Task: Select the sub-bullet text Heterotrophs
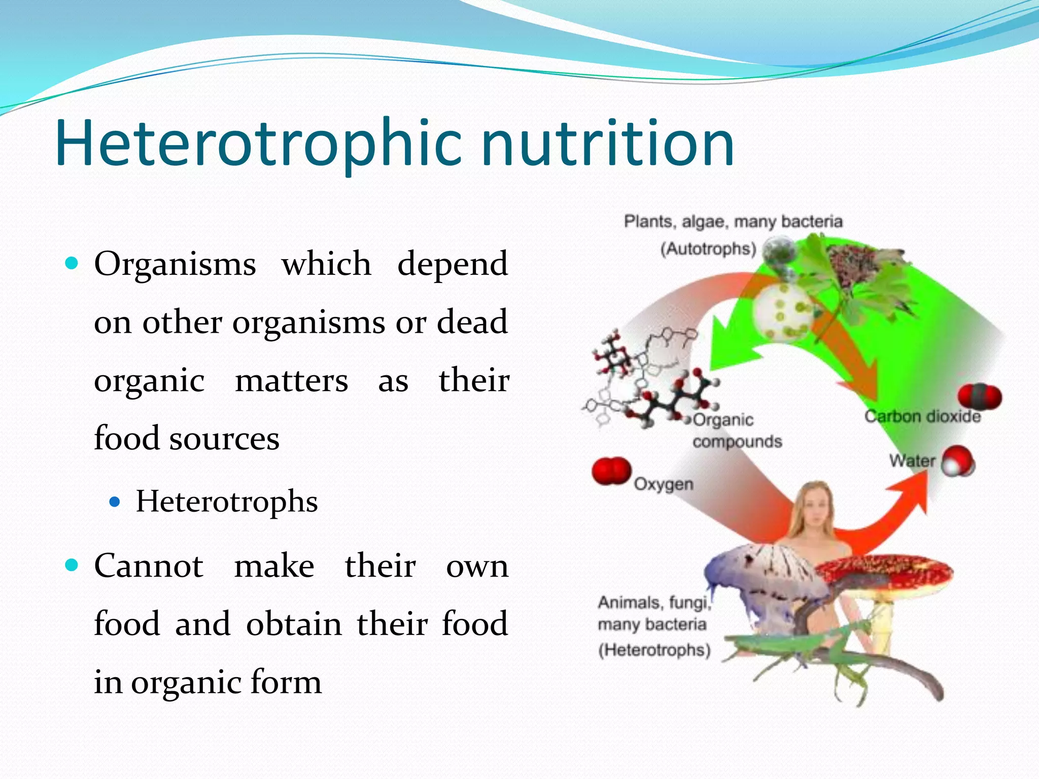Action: pyautogui.click(x=227, y=502)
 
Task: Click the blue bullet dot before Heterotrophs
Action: pyautogui.click(x=115, y=503)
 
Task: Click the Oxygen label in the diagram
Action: pyautogui.click(x=664, y=484)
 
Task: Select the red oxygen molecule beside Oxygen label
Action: pyautogui.click(x=611, y=471)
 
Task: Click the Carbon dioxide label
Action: pyautogui.click(x=922, y=417)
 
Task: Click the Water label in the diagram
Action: pyautogui.click(x=912, y=461)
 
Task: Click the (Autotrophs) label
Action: pyautogui.click(x=708, y=249)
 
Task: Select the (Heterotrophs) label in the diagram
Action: pyautogui.click(x=654, y=650)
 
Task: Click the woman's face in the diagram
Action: pyautogui.click(x=815, y=507)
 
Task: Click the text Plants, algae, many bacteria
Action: pyautogui.click(x=733, y=222)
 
